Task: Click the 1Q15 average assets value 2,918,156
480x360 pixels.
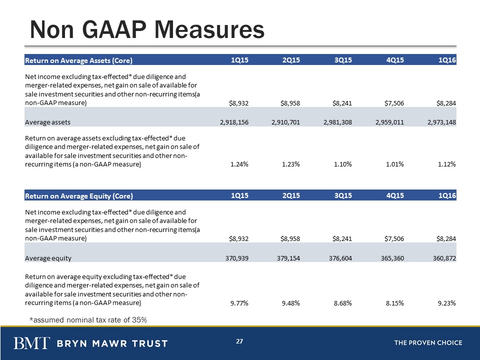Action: [234, 122]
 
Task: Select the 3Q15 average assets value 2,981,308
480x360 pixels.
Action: [337, 122]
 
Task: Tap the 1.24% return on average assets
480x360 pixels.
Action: [239, 164]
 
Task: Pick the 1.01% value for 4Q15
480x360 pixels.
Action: [395, 164]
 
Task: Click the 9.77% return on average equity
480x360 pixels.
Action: [239, 303]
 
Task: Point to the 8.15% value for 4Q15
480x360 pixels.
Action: [395, 303]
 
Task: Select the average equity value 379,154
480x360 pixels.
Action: [288, 258]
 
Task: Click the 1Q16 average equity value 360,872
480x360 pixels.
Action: [444, 258]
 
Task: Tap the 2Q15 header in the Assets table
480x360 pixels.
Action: [291, 60]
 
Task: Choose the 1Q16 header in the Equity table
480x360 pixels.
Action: [447, 195]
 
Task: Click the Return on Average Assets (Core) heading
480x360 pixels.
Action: [78, 60]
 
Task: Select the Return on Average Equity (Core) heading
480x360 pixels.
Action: [79, 196]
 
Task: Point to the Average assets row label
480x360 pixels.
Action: [48, 122]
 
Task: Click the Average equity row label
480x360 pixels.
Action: [48, 258]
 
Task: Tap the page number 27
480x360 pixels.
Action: [239, 341]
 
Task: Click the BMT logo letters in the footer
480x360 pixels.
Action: [31, 343]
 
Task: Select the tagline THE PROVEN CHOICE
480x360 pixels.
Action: [428, 343]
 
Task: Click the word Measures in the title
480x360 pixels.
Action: [209, 29]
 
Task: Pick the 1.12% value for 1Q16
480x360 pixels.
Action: [447, 164]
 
